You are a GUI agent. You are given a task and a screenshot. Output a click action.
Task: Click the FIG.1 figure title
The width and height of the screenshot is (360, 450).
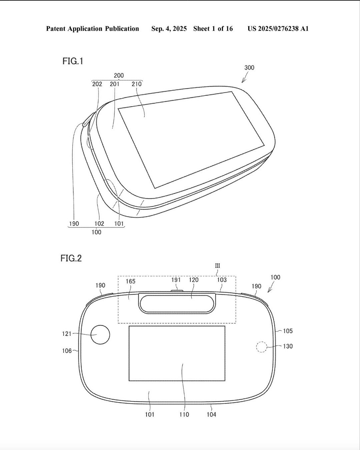[73, 61]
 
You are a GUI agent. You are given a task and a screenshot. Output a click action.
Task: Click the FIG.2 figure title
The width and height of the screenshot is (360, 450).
[71, 258]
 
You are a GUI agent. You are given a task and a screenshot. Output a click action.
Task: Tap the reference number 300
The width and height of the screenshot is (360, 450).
[249, 68]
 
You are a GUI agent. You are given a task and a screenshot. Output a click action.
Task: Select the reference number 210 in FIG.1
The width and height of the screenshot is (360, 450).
[137, 84]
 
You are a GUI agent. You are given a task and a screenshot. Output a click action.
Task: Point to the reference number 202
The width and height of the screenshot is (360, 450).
[97, 84]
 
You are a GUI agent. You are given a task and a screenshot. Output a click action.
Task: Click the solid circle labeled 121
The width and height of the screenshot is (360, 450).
[100, 334]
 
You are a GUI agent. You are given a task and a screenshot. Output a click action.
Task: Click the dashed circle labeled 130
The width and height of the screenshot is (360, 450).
[262, 347]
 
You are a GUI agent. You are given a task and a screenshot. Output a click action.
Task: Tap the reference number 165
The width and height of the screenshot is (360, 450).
[131, 281]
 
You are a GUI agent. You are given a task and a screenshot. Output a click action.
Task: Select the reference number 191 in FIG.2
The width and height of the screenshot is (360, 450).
[176, 280]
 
